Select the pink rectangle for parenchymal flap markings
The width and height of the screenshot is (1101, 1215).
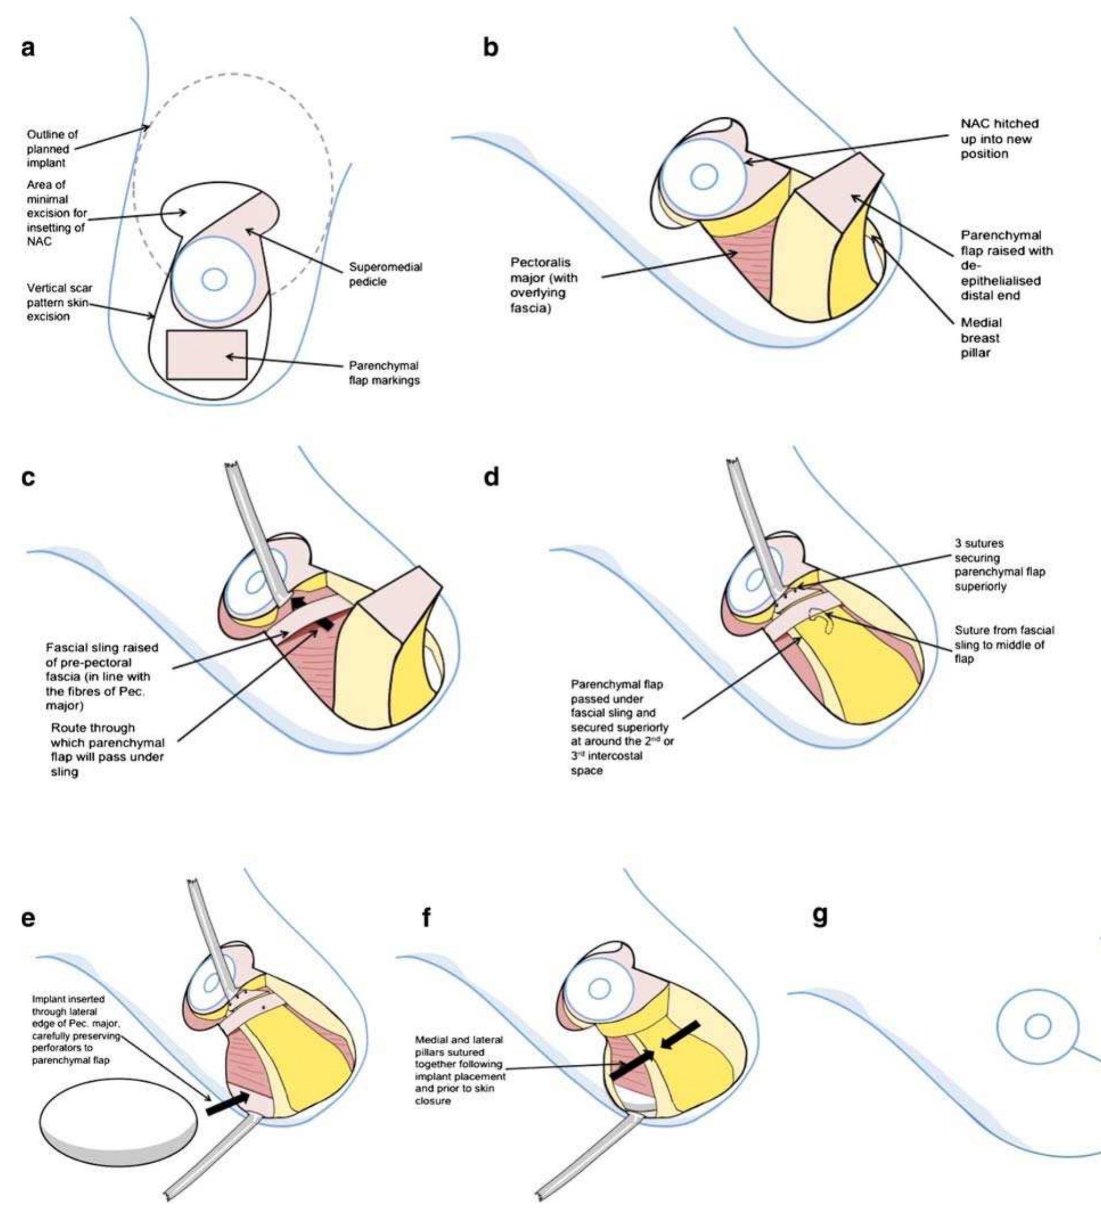pos(206,355)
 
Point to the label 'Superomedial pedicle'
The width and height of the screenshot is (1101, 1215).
pos(385,274)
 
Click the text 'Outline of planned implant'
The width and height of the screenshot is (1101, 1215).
pos(52,149)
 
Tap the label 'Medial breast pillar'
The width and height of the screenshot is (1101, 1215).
pos(980,338)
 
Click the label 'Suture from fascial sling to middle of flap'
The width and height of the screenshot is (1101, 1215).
pos(1004,645)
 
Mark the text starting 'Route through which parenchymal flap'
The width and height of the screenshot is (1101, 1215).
pos(107,750)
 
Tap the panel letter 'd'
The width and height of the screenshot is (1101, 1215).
pos(492,477)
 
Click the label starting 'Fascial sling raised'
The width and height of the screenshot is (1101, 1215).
pos(101,676)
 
